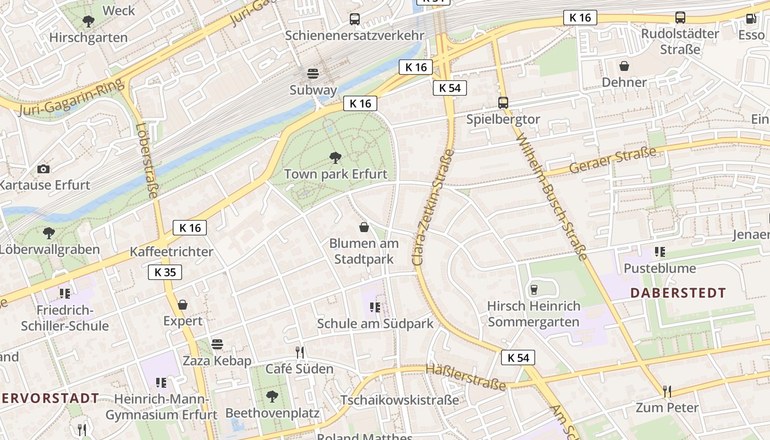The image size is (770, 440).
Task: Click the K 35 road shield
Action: point(164,272)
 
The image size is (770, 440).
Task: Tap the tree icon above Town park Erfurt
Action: point(335,158)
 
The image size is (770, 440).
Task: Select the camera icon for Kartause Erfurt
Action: point(43,169)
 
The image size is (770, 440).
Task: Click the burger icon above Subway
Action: point(313,74)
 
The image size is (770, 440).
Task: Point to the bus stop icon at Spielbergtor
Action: point(503,102)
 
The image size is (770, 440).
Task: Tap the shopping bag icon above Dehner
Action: point(624,67)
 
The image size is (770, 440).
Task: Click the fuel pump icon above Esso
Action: point(751,19)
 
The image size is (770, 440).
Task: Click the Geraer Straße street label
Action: point(613,160)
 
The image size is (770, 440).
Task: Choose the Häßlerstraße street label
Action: point(465,377)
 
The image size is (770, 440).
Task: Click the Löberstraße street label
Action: point(147,160)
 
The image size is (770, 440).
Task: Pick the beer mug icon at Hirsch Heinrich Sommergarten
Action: point(533,289)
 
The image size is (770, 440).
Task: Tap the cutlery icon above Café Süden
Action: point(299,352)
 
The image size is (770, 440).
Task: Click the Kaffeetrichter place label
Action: point(171,252)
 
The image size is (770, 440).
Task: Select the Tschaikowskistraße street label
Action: point(399,400)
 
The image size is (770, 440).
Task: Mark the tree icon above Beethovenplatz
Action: point(272,396)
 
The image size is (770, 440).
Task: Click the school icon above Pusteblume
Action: point(659,252)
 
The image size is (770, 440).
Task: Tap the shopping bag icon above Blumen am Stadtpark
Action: point(364,227)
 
